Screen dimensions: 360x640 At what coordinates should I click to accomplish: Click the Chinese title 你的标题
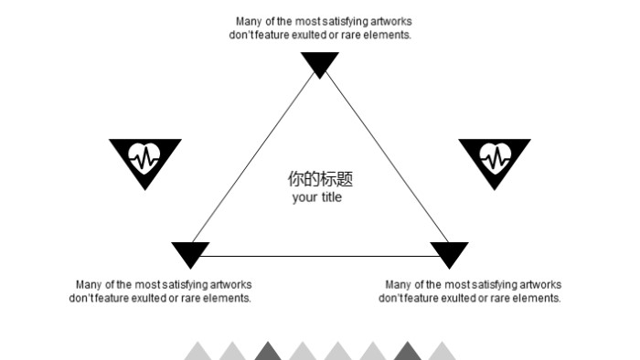pos(320,179)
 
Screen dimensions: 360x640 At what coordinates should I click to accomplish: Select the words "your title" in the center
pos(317,198)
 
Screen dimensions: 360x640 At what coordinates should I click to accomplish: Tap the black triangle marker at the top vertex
pos(320,63)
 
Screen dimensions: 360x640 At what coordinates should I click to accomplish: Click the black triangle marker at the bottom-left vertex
pos(191,253)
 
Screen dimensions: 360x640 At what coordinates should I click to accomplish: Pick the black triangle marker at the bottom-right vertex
pos(449,253)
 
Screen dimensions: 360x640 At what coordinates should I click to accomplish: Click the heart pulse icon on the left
pos(144,159)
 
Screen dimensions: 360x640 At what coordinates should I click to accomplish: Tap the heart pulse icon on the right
pos(494,159)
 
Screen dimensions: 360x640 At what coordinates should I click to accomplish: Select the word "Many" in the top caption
pos(250,22)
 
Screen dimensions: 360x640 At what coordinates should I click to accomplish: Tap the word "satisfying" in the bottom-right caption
pos(483,285)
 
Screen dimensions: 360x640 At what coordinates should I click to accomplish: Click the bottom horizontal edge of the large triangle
pos(320,257)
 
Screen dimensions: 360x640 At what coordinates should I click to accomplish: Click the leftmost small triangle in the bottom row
pos(197,353)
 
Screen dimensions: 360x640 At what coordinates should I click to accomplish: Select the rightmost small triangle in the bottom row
pos(442,353)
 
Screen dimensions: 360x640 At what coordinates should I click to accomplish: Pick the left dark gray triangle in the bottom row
pos(267,353)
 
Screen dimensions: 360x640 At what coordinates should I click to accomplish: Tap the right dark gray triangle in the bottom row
pos(407,353)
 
